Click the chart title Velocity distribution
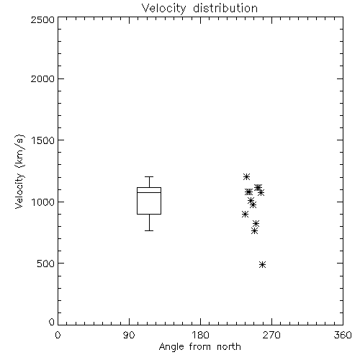199,8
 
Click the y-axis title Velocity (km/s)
19,171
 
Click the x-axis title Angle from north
199,347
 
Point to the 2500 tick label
42,19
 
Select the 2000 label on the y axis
42,78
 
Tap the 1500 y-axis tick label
43,140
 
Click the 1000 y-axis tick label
43,202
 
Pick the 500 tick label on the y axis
45,264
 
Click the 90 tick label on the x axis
129,335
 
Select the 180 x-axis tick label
200,335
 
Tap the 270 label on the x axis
271,335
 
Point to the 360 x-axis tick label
343,335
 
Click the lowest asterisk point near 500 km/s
262,264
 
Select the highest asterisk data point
246,176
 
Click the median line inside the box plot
149,192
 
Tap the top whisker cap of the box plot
149,176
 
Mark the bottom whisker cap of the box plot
149,230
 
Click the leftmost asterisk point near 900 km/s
245,214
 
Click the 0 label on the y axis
52,322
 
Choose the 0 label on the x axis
58,335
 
